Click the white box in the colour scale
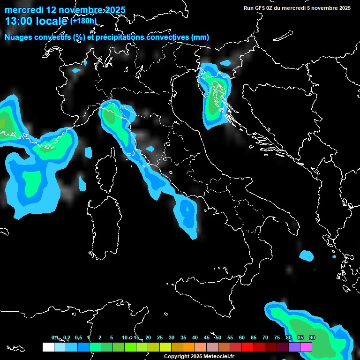48,347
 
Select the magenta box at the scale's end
306,347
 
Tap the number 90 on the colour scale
312,337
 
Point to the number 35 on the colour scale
183,337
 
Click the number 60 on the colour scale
242,337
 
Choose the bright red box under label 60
247,347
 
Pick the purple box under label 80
294,347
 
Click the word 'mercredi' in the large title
24,10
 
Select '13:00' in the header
19,21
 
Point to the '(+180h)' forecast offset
83,21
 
